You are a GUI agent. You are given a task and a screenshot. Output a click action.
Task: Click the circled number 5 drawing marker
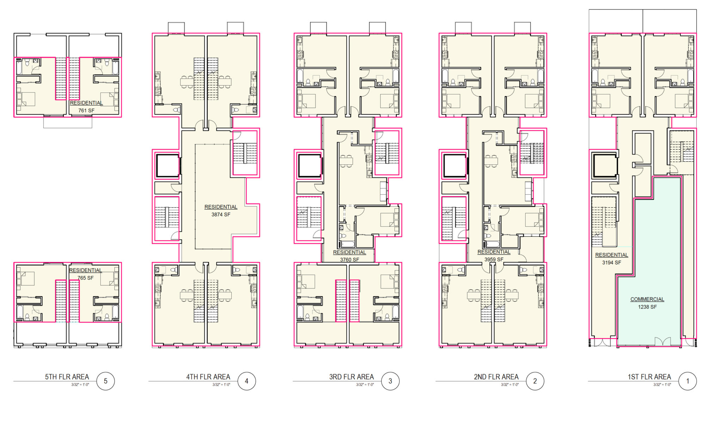(x=105, y=381)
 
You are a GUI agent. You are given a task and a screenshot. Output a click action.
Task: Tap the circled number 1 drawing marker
(x=687, y=381)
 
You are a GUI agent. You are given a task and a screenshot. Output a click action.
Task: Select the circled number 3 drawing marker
(x=390, y=381)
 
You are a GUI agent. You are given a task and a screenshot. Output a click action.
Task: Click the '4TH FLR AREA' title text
(x=208, y=377)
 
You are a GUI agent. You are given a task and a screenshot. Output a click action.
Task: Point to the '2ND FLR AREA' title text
(x=496, y=377)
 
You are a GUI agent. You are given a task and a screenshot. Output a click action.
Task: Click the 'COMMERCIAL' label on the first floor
(x=647, y=299)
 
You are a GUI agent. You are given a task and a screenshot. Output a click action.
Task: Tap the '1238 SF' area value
(x=647, y=307)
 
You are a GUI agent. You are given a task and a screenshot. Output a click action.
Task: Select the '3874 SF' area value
(x=221, y=214)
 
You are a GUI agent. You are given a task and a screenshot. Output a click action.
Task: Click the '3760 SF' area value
(x=349, y=260)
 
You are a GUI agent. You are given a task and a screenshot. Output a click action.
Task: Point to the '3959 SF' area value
(x=494, y=259)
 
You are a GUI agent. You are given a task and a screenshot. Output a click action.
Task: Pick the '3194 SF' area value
(x=611, y=262)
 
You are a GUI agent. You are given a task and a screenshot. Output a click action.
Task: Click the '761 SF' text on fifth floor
(x=86, y=110)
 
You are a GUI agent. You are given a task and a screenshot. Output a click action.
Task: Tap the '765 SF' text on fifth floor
(x=85, y=278)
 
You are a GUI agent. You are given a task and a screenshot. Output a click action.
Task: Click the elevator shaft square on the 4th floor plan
(x=167, y=165)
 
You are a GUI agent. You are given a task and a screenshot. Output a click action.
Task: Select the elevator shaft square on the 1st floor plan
(x=604, y=165)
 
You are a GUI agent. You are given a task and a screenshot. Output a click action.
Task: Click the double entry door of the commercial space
(x=663, y=342)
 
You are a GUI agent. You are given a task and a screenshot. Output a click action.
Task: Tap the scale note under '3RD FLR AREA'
(x=365, y=385)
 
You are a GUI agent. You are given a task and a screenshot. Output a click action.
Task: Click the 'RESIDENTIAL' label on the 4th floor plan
(x=221, y=207)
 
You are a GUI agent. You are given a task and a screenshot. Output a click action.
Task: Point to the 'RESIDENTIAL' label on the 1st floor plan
(x=611, y=255)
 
